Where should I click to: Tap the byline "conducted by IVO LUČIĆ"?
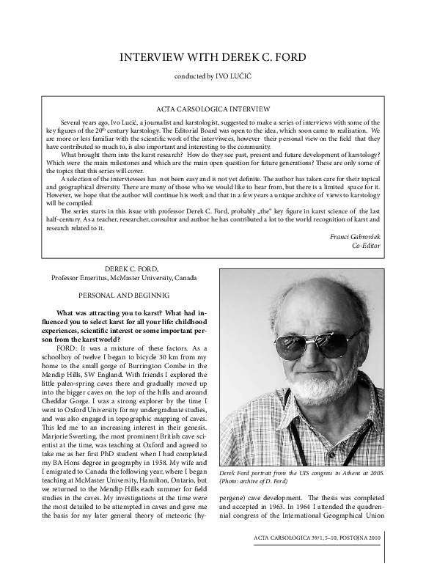tap(213, 76)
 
